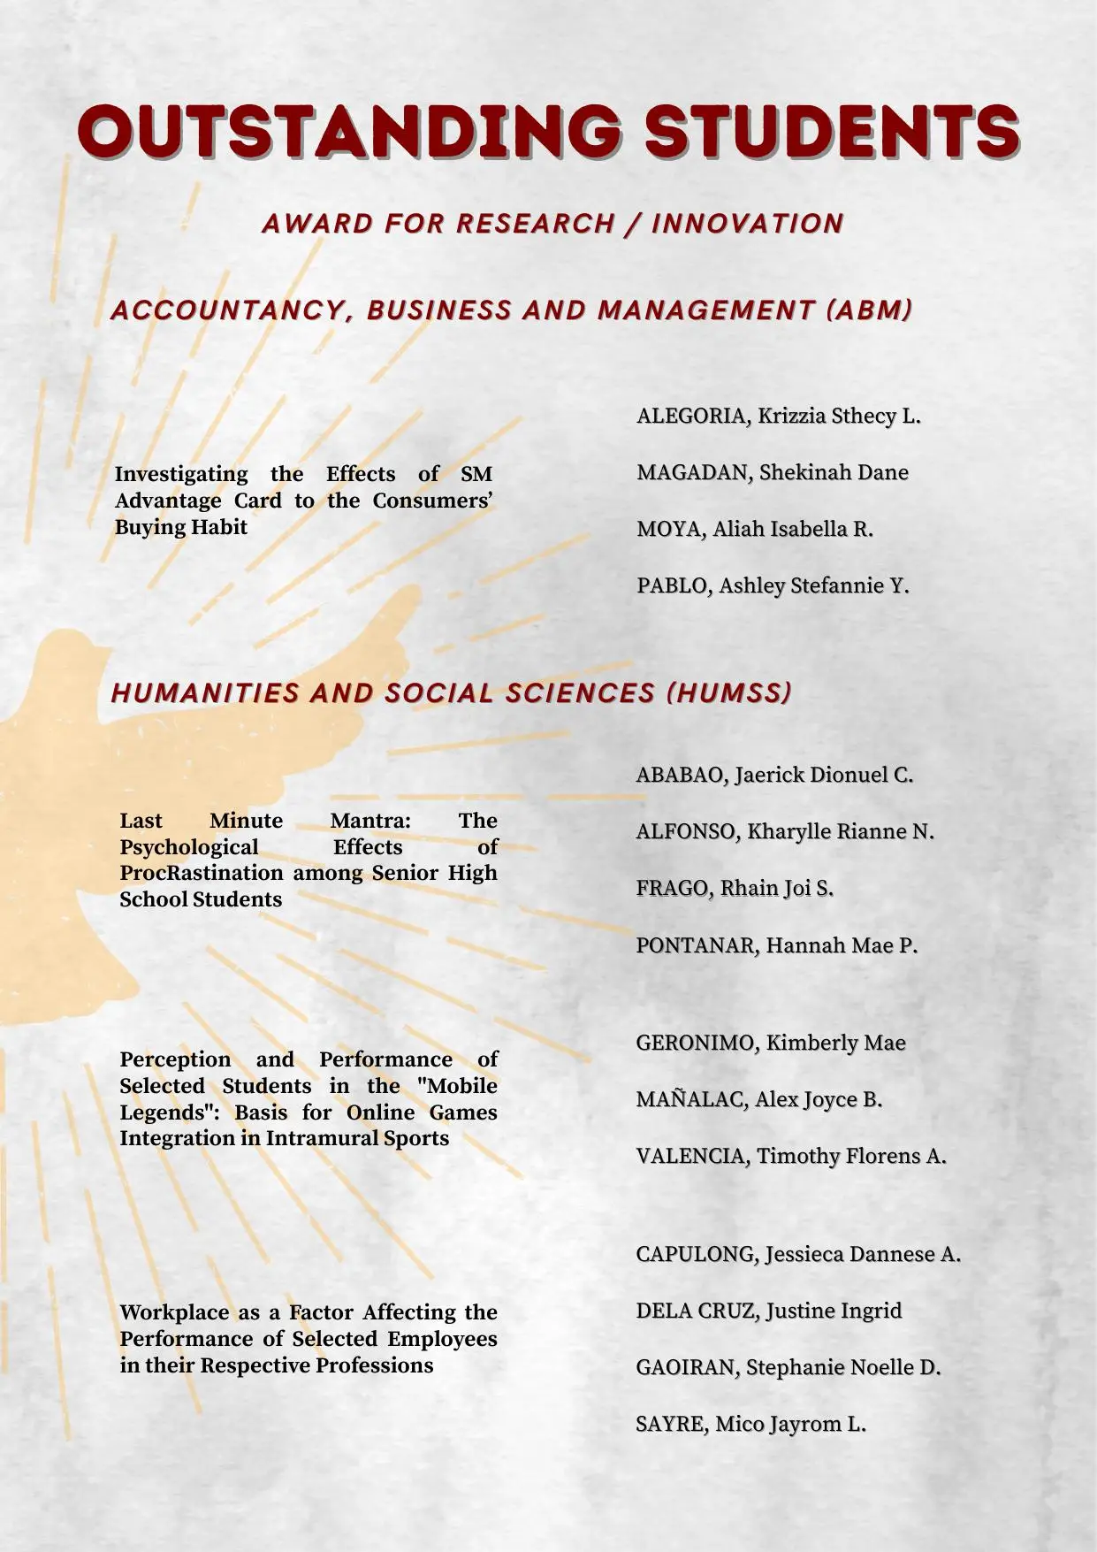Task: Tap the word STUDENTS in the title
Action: pos(831,131)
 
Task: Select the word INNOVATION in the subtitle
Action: pos(747,224)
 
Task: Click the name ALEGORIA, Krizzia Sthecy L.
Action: pos(778,416)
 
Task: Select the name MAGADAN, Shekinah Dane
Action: pos(772,472)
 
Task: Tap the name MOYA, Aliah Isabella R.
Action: pos(754,529)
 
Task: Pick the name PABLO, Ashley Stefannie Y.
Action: pos(772,585)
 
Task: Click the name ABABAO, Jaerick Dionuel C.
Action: pos(773,775)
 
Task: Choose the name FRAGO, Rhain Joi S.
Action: pos(734,888)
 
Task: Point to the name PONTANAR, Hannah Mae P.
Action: pos(776,945)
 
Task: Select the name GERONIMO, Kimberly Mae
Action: pos(770,1043)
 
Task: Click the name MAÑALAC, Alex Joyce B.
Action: pos(758,1099)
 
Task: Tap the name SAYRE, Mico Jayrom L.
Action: pos(750,1424)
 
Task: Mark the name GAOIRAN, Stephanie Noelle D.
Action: pos(788,1367)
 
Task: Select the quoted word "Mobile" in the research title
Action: pos(461,1085)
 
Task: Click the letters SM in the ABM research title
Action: pos(476,474)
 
